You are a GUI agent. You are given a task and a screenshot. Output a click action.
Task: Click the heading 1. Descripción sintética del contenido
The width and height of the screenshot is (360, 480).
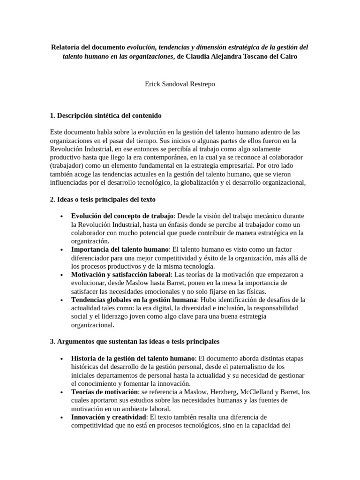coord(105,115)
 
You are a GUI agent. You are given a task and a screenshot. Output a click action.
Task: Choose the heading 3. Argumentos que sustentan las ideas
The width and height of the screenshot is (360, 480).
coord(135,342)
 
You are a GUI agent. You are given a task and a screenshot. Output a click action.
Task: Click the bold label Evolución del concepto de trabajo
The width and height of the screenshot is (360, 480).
coord(122,216)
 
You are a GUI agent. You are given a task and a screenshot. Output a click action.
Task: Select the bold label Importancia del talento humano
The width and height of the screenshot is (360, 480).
coord(119,249)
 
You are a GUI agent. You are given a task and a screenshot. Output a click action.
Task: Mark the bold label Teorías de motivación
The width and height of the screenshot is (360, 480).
coord(105,392)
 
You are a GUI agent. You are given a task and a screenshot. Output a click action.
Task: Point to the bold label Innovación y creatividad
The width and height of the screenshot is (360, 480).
coord(109,417)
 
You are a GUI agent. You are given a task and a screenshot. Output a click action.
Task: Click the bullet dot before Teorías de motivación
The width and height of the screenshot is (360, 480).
coord(62,392)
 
